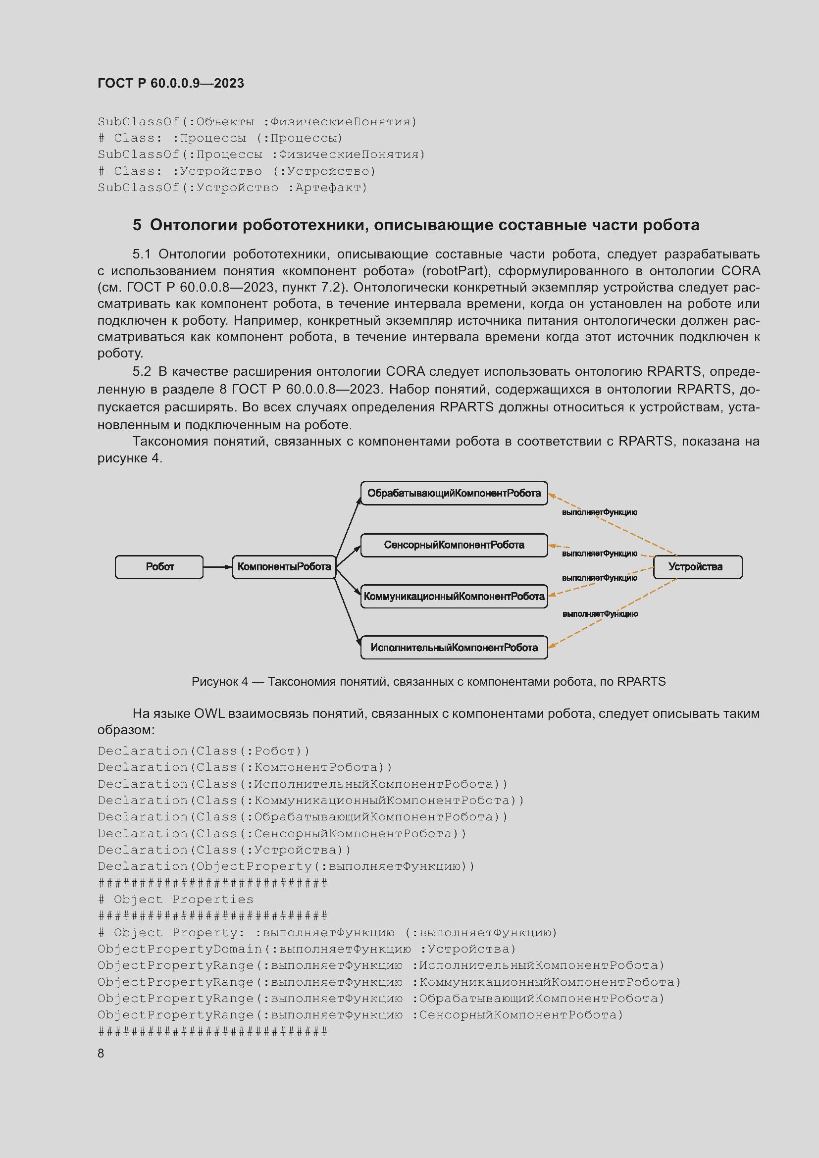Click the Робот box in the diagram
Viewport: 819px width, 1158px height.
159,567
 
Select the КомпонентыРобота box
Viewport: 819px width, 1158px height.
284,567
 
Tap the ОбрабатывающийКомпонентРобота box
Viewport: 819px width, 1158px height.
454,493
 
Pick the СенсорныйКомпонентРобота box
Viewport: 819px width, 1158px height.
454,545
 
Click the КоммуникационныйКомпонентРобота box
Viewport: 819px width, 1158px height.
454,597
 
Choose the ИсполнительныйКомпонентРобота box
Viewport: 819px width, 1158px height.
454,648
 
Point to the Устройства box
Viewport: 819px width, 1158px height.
698,567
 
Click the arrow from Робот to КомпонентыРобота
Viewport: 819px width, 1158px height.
218,567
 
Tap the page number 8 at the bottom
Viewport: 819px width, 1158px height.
101,1053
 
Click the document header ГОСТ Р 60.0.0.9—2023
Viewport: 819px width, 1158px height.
170,83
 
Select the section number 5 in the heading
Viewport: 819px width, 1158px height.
137,225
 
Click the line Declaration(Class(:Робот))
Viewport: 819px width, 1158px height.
204,751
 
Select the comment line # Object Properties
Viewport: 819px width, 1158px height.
175,899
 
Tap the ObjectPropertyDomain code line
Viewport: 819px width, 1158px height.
307,949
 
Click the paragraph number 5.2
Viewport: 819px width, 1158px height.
142,371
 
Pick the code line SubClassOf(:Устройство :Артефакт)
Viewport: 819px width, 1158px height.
233,188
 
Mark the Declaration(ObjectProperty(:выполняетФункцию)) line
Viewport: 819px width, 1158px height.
286,866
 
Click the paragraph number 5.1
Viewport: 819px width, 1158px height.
142,254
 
